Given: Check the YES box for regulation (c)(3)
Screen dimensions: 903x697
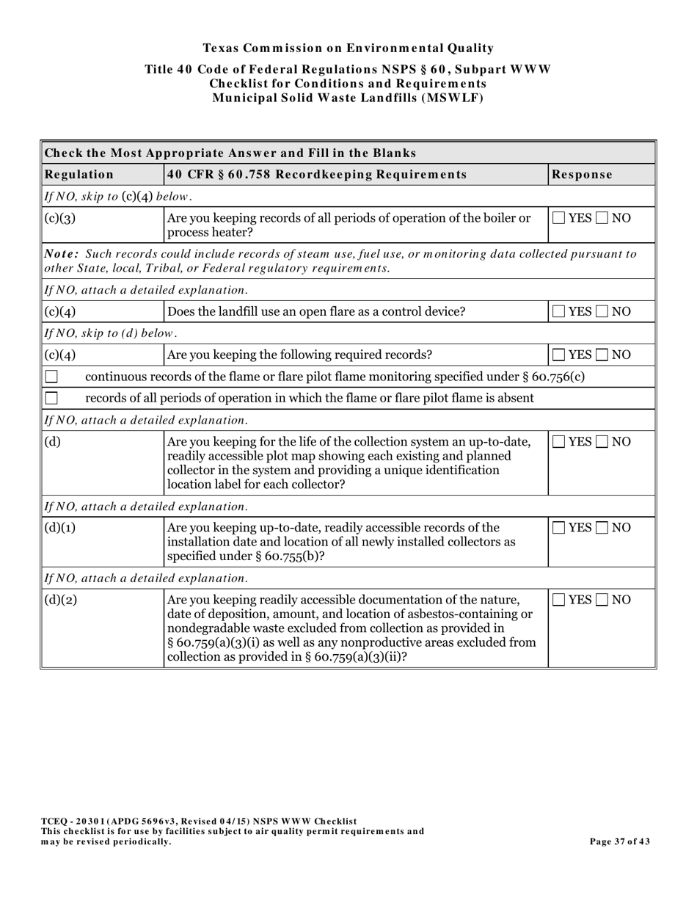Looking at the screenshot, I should [559, 218].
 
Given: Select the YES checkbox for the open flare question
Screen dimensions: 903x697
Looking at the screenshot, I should [559, 311].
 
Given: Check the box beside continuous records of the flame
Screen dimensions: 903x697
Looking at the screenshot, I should [51, 377].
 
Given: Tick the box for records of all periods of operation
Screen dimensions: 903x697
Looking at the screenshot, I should [51, 398].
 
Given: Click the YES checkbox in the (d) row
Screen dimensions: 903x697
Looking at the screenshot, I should [559, 442].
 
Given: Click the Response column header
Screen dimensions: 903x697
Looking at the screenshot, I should [582, 175].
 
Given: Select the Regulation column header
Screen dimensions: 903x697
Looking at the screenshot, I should [79, 175].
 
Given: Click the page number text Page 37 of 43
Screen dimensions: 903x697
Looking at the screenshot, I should [619, 841].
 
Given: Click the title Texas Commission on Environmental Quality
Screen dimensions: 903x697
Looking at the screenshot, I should [348, 48].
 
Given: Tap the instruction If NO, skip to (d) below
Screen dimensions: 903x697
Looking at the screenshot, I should [112, 333].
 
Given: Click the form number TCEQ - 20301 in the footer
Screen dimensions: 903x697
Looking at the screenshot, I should [76, 822].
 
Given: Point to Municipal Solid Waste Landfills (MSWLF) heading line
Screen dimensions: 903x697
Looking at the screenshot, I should [348, 98].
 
